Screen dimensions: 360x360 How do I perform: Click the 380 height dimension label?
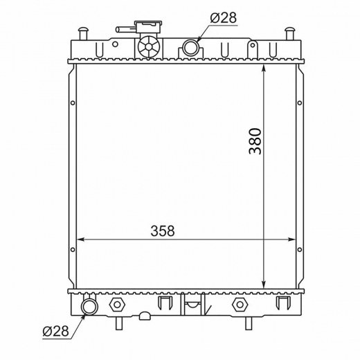[255, 141]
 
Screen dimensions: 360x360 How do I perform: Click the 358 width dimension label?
[163, 231]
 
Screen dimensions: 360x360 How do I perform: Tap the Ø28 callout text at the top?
[224, 17]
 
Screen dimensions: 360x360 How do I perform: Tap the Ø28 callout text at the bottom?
[55, 331]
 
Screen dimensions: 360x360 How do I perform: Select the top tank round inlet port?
[190, 47]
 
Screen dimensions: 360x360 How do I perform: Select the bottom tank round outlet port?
[90, 306]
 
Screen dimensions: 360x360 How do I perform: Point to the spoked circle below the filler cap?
[149, 47]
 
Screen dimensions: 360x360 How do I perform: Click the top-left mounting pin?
[83, 34]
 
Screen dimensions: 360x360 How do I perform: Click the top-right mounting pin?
[290, 34]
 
